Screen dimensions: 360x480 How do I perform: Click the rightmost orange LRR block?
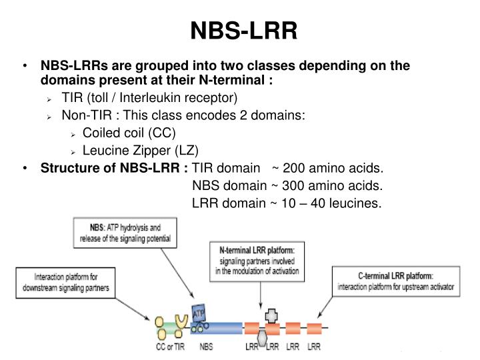click(x=314, y=328)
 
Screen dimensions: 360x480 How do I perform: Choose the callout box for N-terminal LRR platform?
click(x=257, y=259)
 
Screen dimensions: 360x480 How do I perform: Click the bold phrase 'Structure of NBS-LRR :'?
click(x=114, y=167)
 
